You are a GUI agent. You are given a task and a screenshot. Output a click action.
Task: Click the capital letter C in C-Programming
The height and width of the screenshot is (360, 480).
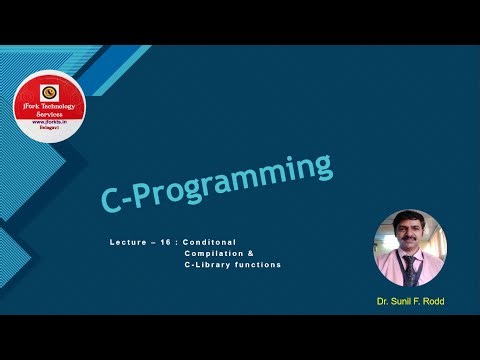[113, 200]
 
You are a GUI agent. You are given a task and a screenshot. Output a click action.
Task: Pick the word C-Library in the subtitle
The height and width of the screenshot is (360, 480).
[207, 265]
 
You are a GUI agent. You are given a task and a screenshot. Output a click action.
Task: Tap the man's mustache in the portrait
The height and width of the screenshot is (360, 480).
[409, 240]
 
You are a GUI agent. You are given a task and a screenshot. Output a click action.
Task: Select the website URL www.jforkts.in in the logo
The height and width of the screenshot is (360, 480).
[49, 125]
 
